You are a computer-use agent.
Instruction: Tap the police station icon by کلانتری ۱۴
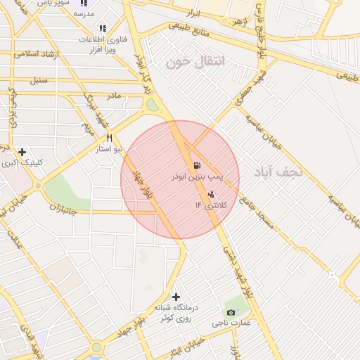[x=211, y=194]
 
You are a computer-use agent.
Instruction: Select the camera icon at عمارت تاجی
[x=231, y=312]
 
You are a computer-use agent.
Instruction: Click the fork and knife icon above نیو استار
[x=109, y=138]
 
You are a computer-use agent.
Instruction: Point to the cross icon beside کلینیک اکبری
[x=22, y=152]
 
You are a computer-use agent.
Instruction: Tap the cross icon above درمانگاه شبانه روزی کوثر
[x=175, y=297]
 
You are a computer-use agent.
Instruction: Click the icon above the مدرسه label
[x=84, y=3]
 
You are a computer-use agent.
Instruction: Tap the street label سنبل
[x=38, y=79]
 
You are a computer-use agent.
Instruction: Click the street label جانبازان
[x=66, y=208]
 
